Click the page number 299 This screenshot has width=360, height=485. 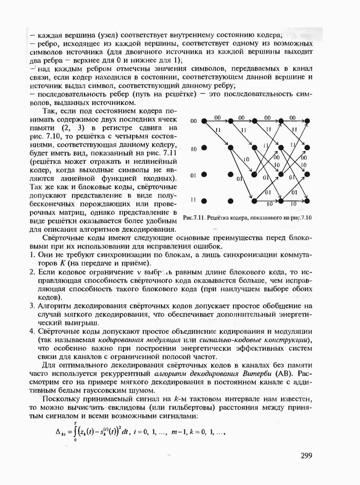coord(307,456)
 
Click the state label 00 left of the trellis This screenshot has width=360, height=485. coord(194,121)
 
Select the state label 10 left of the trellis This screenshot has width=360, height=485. coord(194,149)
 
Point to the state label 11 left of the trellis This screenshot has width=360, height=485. coord(194,200)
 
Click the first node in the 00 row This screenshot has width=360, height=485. coord(204,121)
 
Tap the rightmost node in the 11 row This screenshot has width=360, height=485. coord(307,200)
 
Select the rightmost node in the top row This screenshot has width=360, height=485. coord(307,121)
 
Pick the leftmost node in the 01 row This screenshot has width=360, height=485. coord(204,174)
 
